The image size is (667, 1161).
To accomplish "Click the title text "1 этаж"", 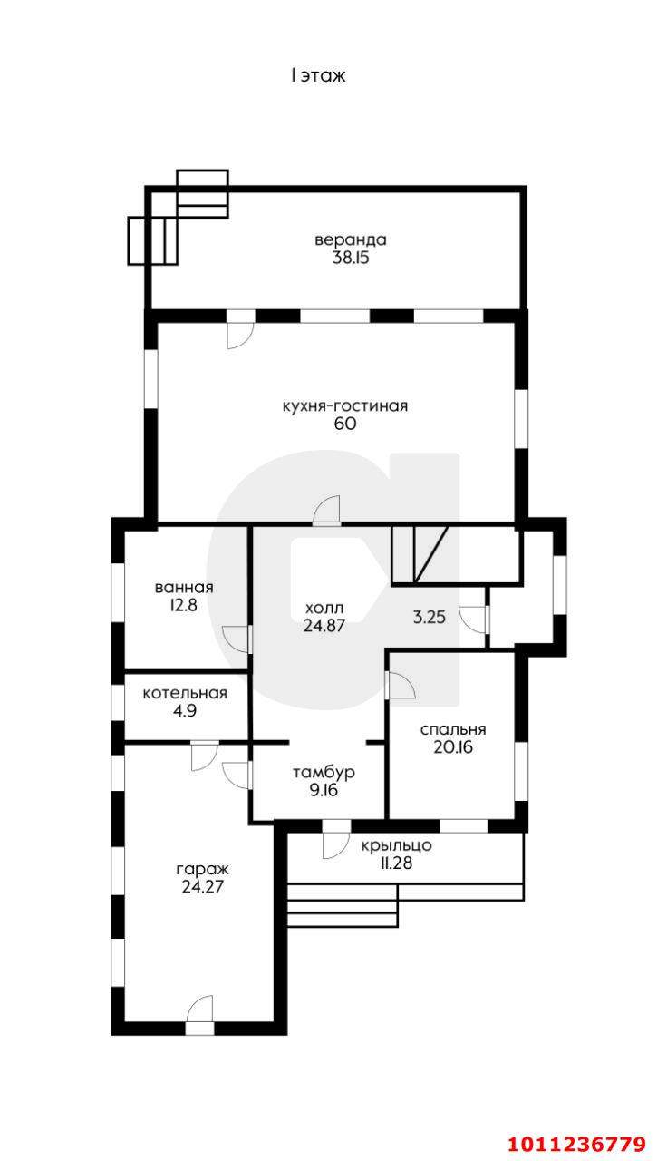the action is coord(318,76).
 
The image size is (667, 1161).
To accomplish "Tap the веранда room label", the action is coord(351,240).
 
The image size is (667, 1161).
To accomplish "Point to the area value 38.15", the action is coord(351,258).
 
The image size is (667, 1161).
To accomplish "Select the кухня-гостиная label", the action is coord(345,405).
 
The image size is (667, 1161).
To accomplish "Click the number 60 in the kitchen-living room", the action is coord(345,424).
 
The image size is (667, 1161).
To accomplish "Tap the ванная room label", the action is coord(184,587).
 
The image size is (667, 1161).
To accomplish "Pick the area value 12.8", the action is coord(184,605).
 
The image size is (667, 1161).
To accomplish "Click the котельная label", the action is coord(185,693).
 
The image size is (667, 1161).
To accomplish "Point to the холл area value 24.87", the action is coord(324,626).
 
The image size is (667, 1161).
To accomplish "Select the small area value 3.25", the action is coord(430,617).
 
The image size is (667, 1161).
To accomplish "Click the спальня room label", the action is coord(453,730).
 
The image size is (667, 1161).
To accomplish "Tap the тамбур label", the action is coord(324,773).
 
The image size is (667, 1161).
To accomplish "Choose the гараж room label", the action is coord(202,869).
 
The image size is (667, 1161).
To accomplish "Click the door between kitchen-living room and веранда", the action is coord(240,329).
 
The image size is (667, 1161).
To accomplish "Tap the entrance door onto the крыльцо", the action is coord(335,840).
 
